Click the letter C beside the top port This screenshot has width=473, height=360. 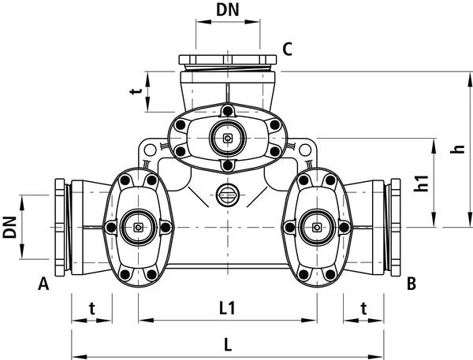click(x=288, y=50)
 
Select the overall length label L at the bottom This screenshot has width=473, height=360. click(x=227, y=344)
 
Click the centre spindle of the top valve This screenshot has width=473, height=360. click(x=227, y=139)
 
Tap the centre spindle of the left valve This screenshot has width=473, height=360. click(x=138, y=229)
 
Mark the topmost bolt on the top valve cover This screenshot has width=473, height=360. click(x=227, y=110)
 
